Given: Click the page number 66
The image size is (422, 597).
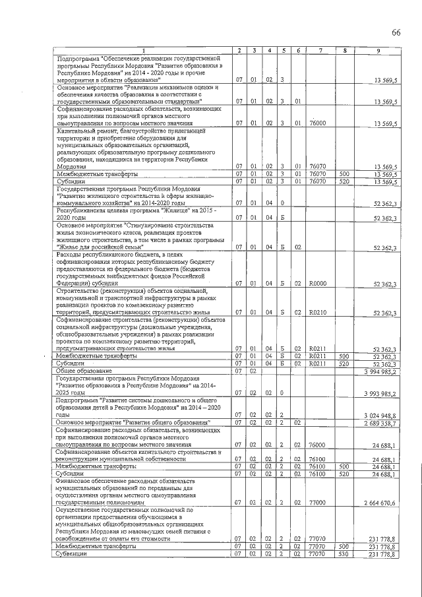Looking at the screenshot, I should pyautogui.click(x=396, y=33).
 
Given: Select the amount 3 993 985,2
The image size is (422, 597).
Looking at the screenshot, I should pyautogui.click(x=380, y=394).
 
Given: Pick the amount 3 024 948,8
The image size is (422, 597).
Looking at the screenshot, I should pyautogui.click(x=380, y=415).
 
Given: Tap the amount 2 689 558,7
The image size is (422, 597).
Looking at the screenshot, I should pyautogui.click(x=380, y=422).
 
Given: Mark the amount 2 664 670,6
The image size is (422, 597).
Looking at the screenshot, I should pyautogui.click(x=380, y=503).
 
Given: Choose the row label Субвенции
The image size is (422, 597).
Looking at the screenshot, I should pyautogui.click(x=72, y=553).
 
